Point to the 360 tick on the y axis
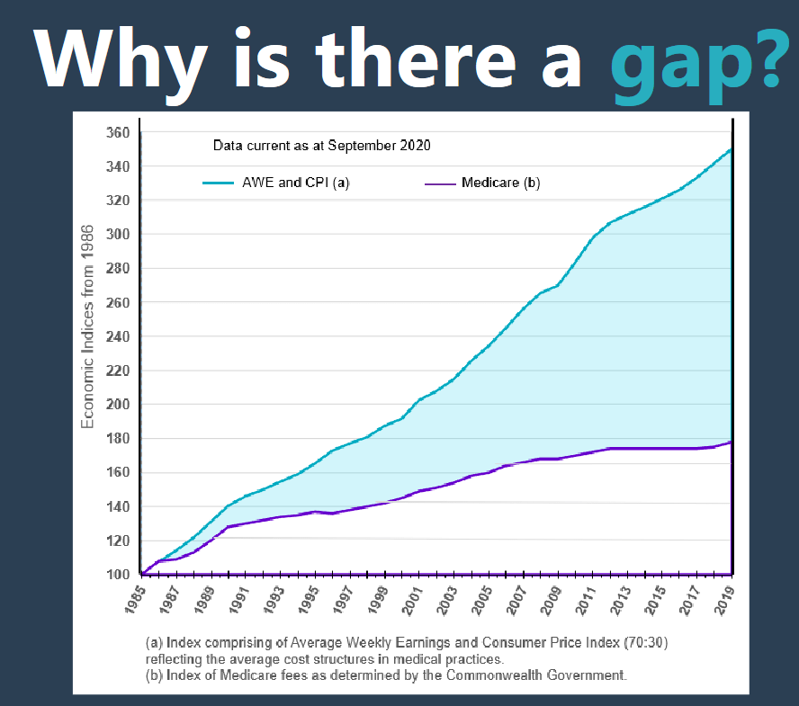pyautogui.click(x=121, y=133)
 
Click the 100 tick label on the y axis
pyautogui.click(x=121, y=575)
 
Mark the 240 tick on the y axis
pyautogui.click(x=121, y=337)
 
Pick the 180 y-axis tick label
pyautogui.click(x=121, y=439)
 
